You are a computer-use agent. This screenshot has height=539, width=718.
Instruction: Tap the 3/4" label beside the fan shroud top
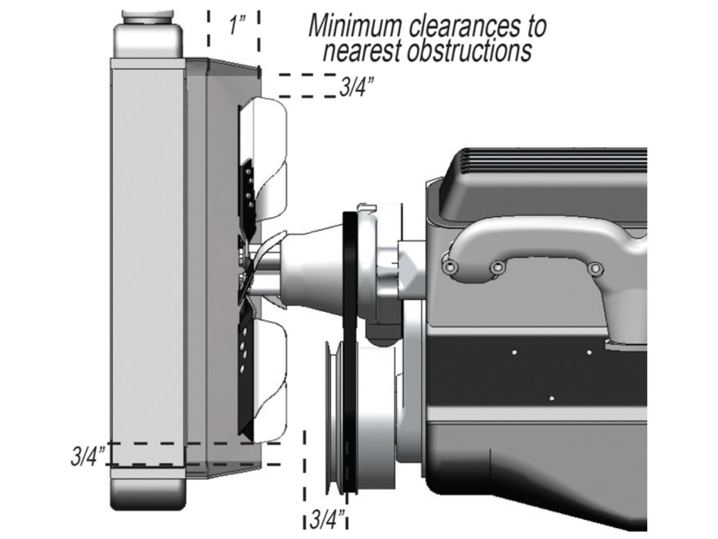tap(356, 88)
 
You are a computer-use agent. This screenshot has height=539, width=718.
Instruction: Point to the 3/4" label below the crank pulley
tap(327, 519)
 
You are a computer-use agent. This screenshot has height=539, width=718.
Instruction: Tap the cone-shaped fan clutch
tap(312, 264)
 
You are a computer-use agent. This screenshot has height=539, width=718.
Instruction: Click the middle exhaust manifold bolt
tap(495, 269)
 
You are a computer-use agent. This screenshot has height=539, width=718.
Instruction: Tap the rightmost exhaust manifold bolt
tap(594, 269)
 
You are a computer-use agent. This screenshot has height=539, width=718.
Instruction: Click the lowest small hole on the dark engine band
tap(552, 398)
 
